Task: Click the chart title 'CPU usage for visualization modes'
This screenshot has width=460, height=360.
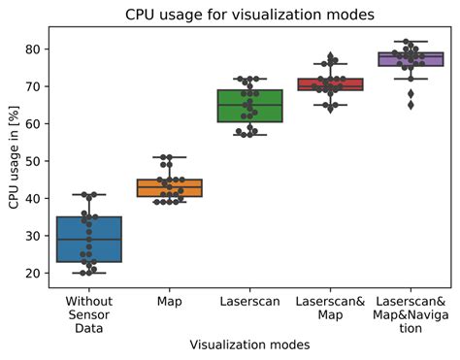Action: pyautogui.click(x=248, y=15)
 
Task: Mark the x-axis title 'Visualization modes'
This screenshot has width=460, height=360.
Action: pyautogui.click(x=249, y=344)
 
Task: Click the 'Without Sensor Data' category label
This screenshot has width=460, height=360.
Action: pyautogui.click(x=90, y=314)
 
